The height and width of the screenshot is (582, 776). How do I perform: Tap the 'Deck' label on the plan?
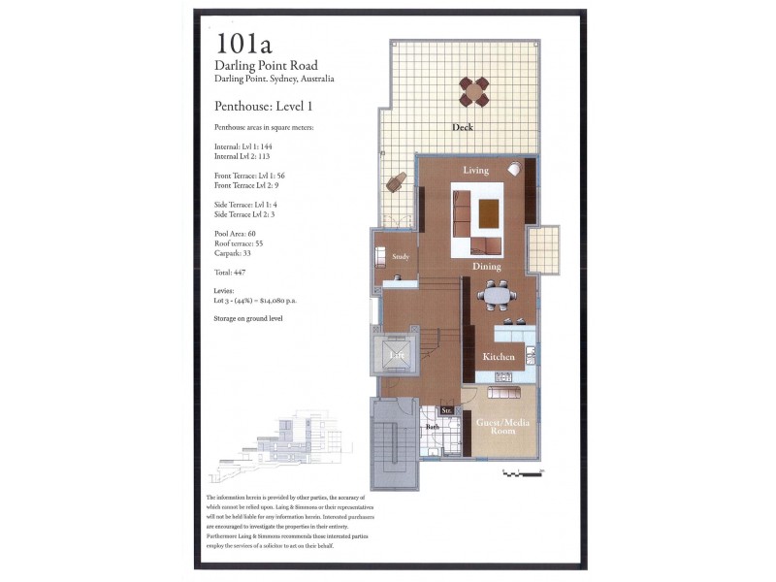(x=462, y=127)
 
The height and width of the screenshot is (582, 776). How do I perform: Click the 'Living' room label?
(x=475, y=171)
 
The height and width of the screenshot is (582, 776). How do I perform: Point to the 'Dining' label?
(x=486, y=265)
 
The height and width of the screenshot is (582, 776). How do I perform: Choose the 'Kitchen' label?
(x=499, y=357)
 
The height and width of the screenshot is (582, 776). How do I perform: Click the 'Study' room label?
(x=401, y=257)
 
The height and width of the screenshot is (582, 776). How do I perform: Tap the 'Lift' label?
(x=396, y=356)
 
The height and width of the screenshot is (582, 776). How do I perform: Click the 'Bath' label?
(x=432, y=427)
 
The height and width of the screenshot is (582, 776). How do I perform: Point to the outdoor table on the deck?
(x=475, y=91)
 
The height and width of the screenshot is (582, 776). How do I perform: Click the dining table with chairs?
(x=496, y=294)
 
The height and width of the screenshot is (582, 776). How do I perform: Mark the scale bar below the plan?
(x=523, y=472)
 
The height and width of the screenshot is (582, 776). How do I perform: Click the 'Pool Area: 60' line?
(x=235, y=234)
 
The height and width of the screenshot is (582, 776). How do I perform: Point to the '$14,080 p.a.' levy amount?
(x=271, y=301)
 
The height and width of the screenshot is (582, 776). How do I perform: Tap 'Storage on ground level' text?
(x=248, y=317)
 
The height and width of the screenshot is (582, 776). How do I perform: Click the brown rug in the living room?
(x=489, y=210)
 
